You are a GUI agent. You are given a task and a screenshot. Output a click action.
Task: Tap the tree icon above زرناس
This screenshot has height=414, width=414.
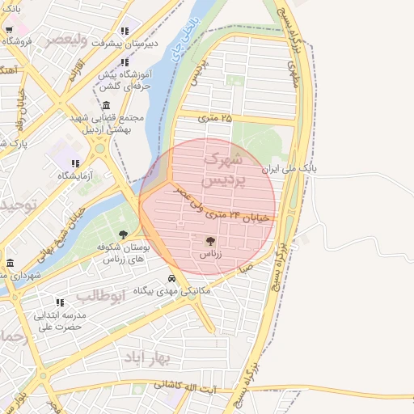coord(211,240)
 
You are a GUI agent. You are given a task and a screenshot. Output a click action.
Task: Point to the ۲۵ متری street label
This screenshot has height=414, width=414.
coord(214,118)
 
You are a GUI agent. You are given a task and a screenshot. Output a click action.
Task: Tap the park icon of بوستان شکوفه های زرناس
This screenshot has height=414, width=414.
coord(123,234)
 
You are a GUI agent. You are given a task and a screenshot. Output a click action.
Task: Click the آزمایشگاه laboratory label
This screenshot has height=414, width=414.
coord(74,175)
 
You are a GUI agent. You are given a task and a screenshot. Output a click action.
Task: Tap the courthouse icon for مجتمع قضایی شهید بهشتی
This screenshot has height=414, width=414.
coord(107,106)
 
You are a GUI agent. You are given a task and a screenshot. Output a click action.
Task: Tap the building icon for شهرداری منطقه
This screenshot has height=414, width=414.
coord(10,264)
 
